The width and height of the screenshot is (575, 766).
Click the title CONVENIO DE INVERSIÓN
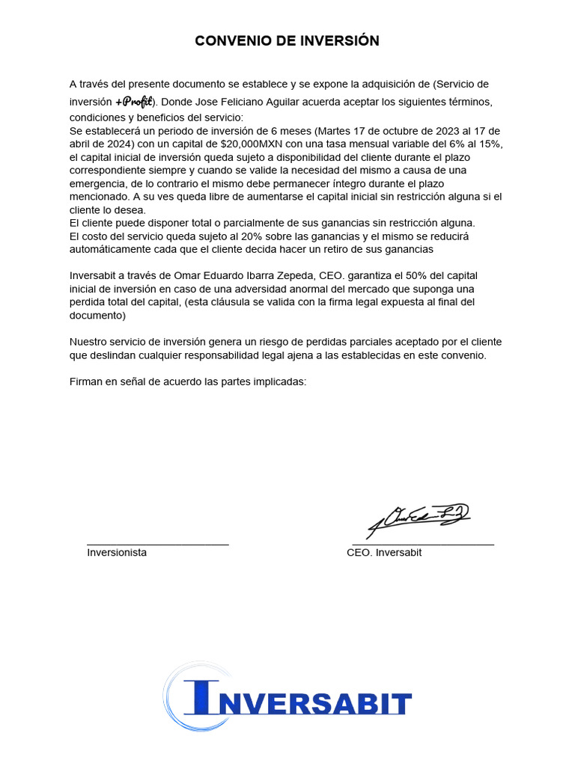[287, 41]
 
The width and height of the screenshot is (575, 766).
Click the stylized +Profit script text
[135, 102]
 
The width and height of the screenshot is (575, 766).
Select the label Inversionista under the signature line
[117, 553]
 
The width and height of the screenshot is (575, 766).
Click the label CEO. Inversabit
[384, 553]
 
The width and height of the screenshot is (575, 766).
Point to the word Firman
[86, 382]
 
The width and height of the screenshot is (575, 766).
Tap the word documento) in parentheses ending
[97, 316]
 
